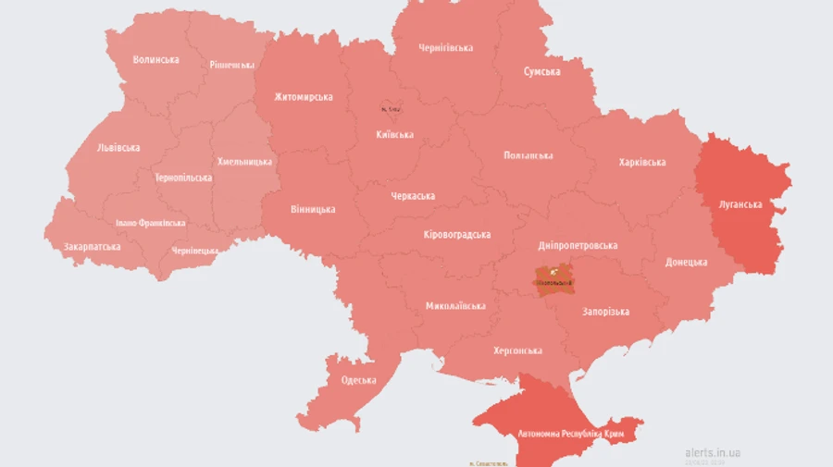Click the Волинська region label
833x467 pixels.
click(x=155, y=59)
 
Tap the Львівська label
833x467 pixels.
click(x=118, y=147)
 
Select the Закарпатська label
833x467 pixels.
click(x=92, y=247)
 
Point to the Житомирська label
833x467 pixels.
click(x=304, y=97)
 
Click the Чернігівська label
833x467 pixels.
click(x=445, y=47)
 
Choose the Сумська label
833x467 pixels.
click(x=541, y=71)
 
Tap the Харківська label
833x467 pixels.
click(x=641, y=163)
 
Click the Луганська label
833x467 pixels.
click(x=740, y=204)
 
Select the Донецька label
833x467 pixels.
click(x=686, y=262)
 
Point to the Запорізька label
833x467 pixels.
click(x=605, y=313)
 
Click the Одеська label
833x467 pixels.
click(x=358, y=380)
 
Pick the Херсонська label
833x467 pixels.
click(x=517, y=350)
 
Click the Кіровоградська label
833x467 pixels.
click(x=456, y=235)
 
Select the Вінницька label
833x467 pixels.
click(x=313, y=209)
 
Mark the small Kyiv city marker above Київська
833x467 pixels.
click(x=391, y=109)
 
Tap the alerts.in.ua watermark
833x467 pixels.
click(x=712, y=452)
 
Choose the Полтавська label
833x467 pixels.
click(x=528, y=155)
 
